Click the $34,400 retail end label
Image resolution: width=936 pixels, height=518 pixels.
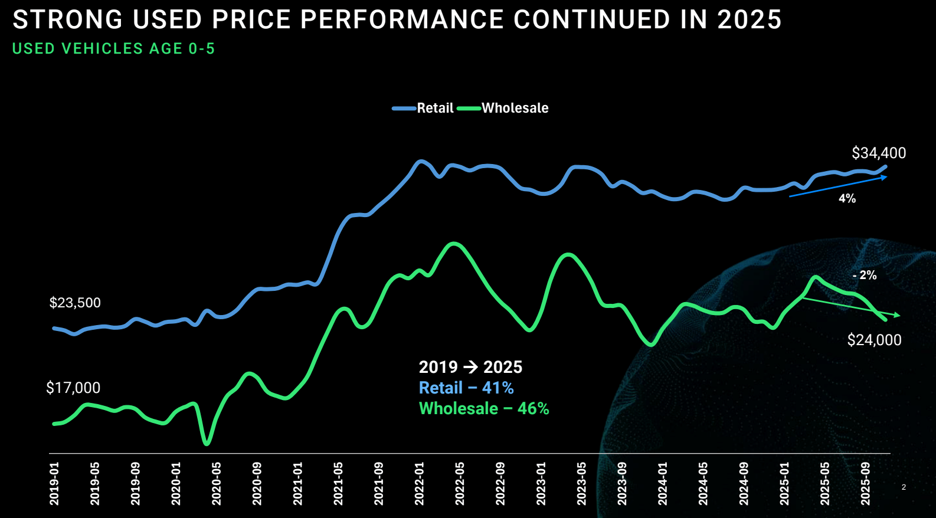[878, 153]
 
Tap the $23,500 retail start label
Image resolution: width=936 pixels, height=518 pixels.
[75, 303]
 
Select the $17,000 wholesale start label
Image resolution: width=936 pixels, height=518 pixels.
[73, 388]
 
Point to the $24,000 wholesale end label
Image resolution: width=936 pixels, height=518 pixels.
[874, 340]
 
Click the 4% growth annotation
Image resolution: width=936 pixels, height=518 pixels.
[847, 199]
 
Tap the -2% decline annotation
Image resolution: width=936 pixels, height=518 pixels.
[865, 275]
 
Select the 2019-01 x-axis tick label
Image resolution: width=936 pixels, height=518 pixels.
[54, 484]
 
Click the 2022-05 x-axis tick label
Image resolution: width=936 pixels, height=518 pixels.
[460, 484]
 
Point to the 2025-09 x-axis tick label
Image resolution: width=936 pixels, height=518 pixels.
[865, 484]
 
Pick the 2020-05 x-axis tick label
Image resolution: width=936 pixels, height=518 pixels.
[217, 484]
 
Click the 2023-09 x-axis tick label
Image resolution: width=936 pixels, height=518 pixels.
[622, 484]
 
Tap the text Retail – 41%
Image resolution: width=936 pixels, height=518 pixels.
[466, 388]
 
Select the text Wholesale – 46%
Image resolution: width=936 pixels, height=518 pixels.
[484, 408]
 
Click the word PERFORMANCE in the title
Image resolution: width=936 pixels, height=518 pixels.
[402, 19]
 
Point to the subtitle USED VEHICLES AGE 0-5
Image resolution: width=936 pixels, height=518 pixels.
[113, 48]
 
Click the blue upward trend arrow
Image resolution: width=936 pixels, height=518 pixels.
[838, 186]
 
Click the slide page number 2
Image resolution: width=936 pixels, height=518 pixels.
[904, 487]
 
